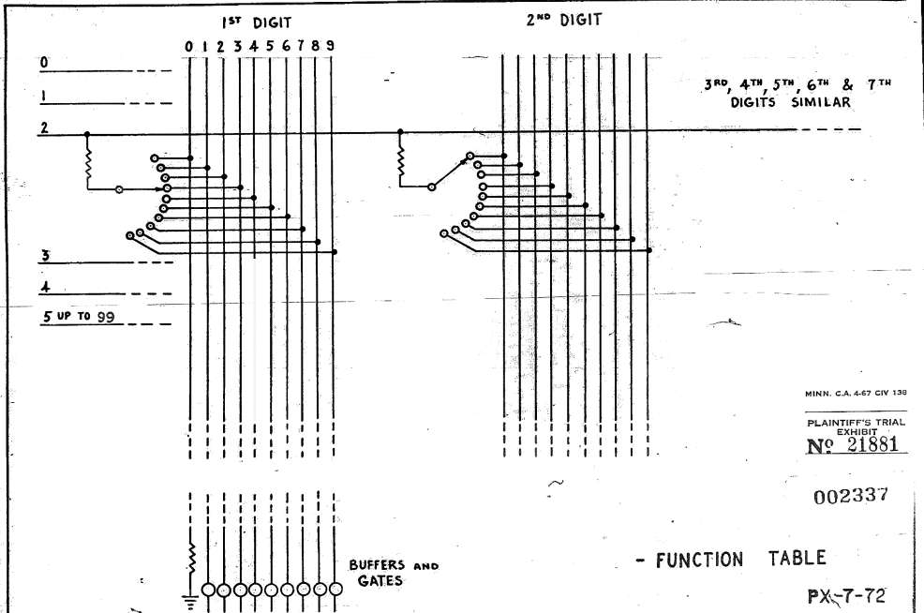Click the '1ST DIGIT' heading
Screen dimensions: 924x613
pyautogui.click(x=257, y=23)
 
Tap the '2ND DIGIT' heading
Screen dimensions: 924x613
pyautogui.click(x=564, y=20)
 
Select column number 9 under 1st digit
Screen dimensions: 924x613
pyautogui.click(x=330, y=45)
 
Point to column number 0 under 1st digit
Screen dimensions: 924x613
pyautogui.click(x=188, y=46)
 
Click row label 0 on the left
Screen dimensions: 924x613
pyautogui.click(x=44, y=62)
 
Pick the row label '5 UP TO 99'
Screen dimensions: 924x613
pyautogui.click(x=79, y=317)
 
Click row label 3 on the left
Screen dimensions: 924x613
pyautogui.click(x=45, y=256)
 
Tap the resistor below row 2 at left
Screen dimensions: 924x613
pyautogui.click(x=88, y=165)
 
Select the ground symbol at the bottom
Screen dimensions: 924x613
pyautogui.click(x=189, y=603)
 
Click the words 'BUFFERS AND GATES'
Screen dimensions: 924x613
pyautogui.click(x=394, y=573)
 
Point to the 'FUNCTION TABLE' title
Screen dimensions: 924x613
pyautogui.click(x=740, y=559)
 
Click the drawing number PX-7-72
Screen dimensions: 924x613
pyautogui.click(x=846, y=596)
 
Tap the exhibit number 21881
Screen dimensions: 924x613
pyautogui.click(x=872, y=444)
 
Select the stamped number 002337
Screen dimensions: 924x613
pyautogui.click(x=850, y=496)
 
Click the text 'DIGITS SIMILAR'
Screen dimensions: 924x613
pyautogui.click(x=791, y=102)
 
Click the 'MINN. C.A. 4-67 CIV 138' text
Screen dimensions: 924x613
pyautogui.click(x=856, y=393)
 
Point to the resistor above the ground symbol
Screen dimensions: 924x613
pyautogui.click(x=191, y=559)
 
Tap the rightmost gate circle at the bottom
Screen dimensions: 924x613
pyautogui.click(x=335, y=589)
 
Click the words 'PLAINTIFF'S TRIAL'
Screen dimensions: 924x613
pyautogui.click(x=856, y=423)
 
